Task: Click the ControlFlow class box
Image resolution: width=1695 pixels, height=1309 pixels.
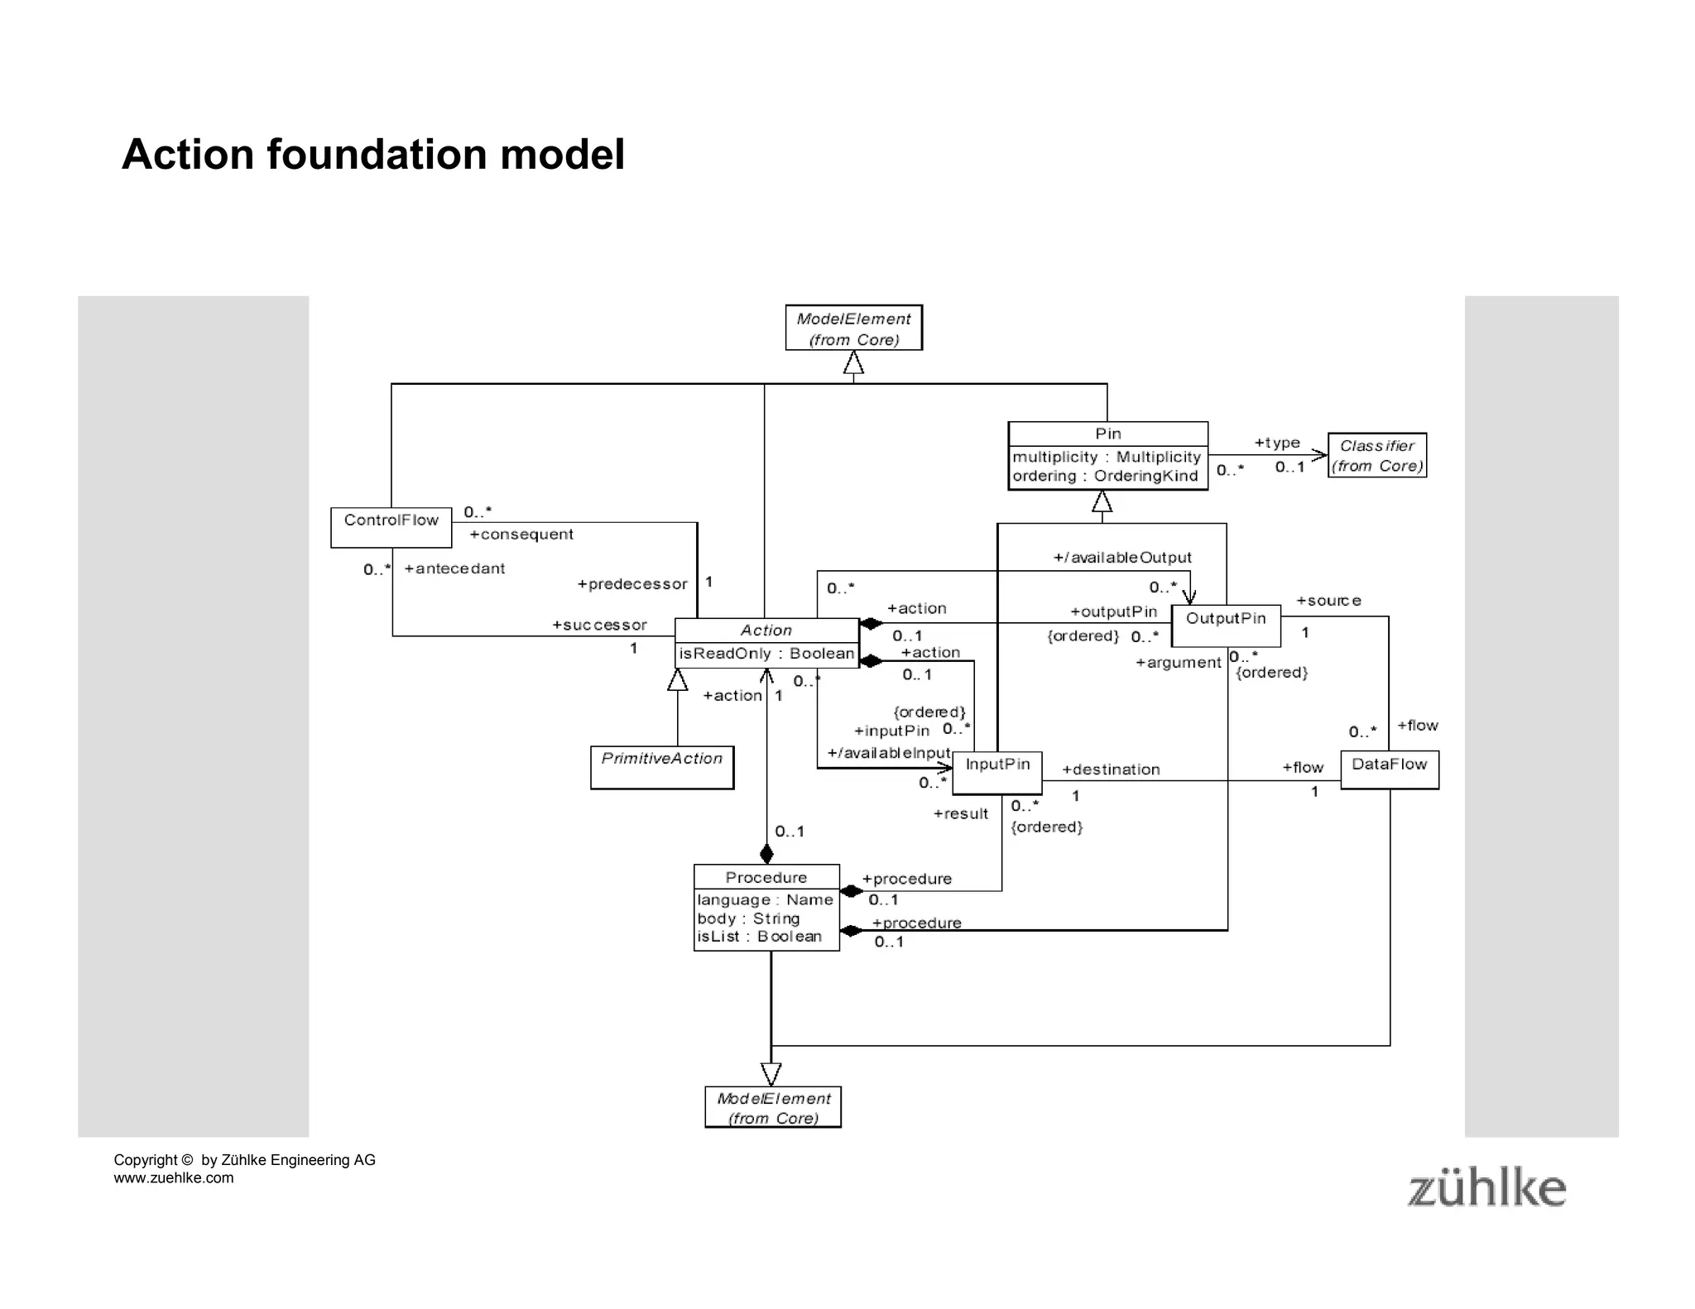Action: [x=391, y=527]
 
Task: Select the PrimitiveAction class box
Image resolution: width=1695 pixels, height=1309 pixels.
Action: [x=661, y=767]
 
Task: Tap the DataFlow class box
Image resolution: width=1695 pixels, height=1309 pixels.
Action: [x=1389, y=769]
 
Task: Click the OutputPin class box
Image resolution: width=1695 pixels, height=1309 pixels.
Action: [x=1226, y=625]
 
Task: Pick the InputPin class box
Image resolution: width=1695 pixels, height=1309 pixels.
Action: [x=996, y=772]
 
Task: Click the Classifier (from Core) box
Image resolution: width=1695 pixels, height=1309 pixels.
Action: [x=1376, y=455]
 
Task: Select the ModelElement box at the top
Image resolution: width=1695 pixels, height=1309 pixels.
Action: [x=853, y=328]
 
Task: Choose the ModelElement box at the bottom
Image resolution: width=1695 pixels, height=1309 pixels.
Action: [x=773, y=1107]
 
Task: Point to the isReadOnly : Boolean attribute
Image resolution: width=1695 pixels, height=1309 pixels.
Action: [x=766, y=654]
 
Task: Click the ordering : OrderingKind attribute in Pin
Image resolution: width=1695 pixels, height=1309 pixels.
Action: [x=1105, y=476]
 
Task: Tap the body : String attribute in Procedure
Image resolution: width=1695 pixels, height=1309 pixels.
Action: [x=748, y=918]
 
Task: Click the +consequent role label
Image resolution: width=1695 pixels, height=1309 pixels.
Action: [x=521, y=535]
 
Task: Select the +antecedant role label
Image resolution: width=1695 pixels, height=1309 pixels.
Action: [x=454, y=568]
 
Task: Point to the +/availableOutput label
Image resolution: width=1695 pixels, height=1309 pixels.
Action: [x=1121, y=558]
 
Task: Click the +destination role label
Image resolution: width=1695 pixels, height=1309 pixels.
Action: [x=1111, y=770]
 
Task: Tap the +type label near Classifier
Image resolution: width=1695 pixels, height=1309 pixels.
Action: [x=1277, y=443]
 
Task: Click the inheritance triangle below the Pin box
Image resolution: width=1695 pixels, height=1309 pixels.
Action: [x=1102, y=501]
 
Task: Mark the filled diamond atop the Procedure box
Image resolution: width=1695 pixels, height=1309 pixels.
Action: [x=766, y=853]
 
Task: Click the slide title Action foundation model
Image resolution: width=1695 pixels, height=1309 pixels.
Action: [x=372, y=154]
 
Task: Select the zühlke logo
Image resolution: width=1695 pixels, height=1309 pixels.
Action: [x=1486, y=1188]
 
